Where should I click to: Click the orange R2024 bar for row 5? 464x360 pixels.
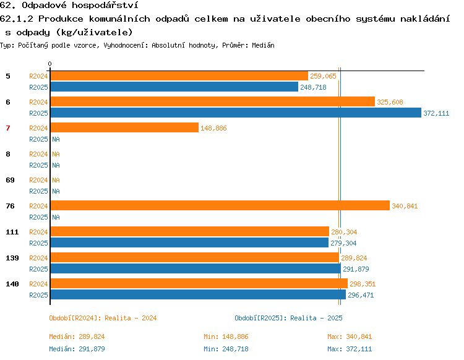(x=179, y=76)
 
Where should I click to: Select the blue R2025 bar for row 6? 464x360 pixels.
(x=236, y=113)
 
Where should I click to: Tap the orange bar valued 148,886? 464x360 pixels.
(x=124, y=127)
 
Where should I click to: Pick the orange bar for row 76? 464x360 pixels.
(x=220, y=205)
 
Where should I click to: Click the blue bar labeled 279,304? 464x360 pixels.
(x=190, y=242)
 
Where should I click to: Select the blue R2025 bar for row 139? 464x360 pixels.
(x=195, y=268)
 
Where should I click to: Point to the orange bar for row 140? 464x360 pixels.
(x=199, y=283)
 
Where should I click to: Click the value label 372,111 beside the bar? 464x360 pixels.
(x=436, y=113)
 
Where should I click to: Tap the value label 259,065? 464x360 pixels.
(x=323, y=76)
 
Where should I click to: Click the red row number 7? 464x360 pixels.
(x=8, y=128)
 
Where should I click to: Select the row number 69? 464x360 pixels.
(x=10, y=180)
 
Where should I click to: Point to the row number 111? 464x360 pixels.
(x=12, y=232)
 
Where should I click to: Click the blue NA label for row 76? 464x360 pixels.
(x=56, y=217)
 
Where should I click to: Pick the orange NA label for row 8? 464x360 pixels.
(x=56, y=154)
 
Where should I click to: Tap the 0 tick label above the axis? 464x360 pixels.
(x=49, y=64)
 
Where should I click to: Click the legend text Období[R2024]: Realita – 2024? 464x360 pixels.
(x=103, y=319)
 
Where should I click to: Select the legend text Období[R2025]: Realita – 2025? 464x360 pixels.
(x=288, y=319)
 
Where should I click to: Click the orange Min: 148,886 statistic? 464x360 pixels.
(x=226, y=336)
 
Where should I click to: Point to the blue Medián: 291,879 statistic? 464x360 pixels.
(x=77, y=349)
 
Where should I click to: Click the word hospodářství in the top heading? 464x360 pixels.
(x=105, y=6)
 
